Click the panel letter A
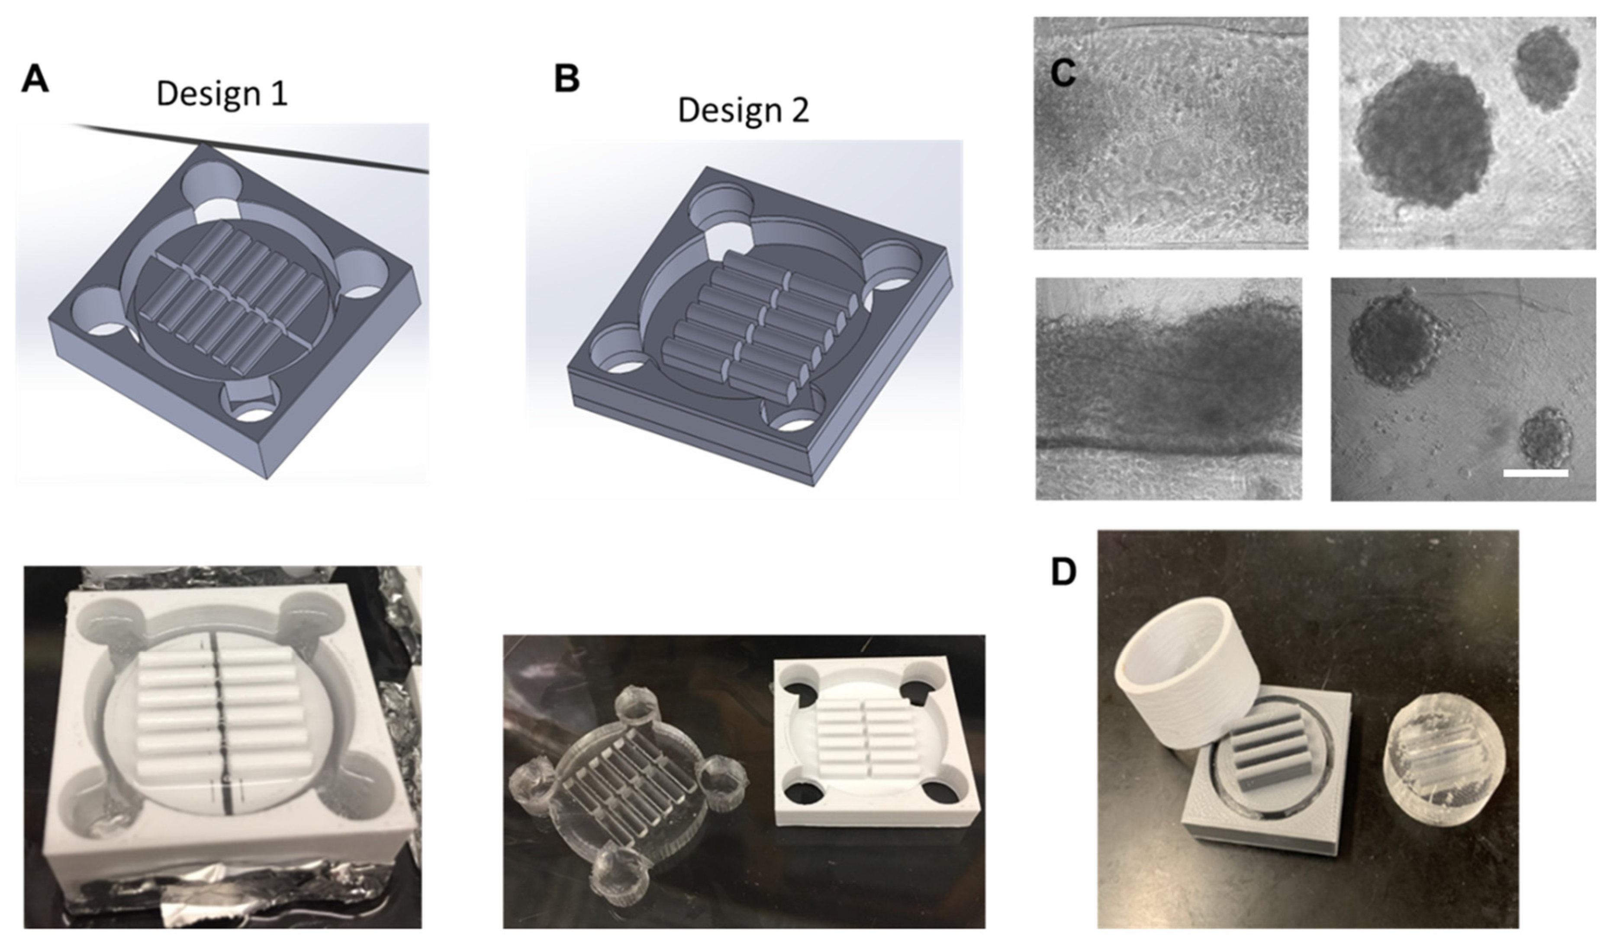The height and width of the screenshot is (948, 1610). tap(35, 81)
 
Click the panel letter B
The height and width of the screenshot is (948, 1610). tap(566, 79)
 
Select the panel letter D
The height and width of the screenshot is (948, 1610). tap(1063, 573)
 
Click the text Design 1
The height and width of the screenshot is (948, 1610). tap(222, 94)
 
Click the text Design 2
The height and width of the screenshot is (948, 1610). tap(743, 110)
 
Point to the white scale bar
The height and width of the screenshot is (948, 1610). tap(1535, 473)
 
